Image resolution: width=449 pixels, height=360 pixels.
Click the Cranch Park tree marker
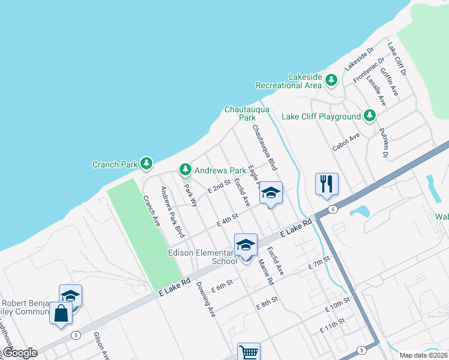pyautogui.click(x=146, y=163)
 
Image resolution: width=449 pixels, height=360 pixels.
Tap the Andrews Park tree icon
pyautogui.click(x=186, y=170)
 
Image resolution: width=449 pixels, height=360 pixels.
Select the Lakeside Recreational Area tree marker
pyautogui.click(x=331, y=80)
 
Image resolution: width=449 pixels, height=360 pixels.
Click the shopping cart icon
pyautogui.click(x=248, y=352)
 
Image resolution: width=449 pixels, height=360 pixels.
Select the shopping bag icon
pyautogui.click(x=61, y=313)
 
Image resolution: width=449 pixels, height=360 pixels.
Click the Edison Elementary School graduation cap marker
pyautogui.click(x=246, y=245)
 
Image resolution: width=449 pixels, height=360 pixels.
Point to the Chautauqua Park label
pyautogui.click(x=247, y=113)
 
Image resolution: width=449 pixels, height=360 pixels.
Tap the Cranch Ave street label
pyautogui.click(x=151, y=211)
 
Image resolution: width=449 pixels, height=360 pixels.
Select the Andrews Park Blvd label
pyautogui.click(x=171, y=212)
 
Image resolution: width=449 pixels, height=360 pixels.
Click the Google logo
pyautogui.click(x=19, y=353)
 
